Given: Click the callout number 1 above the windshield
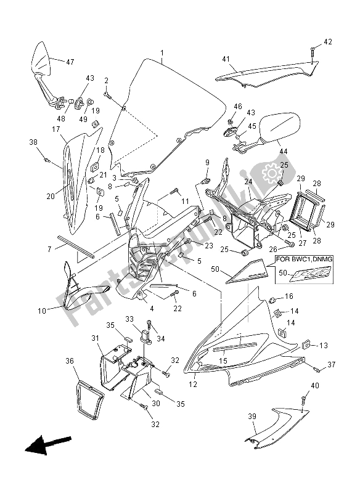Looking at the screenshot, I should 162,54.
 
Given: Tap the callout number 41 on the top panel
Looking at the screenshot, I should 226,59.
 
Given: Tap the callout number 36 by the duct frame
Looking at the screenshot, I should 70,361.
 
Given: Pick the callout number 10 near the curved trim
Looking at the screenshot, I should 41,311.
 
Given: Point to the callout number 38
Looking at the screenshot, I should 33,142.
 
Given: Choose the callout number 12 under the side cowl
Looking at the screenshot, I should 193,385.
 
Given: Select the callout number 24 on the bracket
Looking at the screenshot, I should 248,182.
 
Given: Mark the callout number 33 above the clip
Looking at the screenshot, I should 130,319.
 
